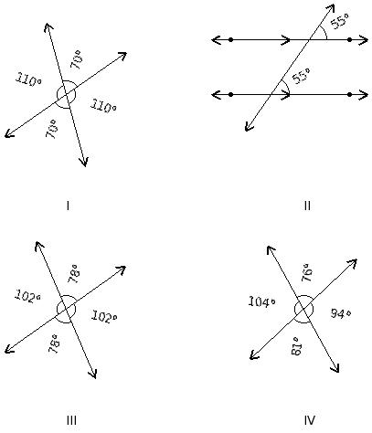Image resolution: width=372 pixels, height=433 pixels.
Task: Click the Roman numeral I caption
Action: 68,206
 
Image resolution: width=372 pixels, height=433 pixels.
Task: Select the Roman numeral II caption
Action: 307,206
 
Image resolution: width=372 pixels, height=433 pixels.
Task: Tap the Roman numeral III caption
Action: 71,420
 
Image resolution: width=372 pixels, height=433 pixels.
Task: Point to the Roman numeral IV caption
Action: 310,420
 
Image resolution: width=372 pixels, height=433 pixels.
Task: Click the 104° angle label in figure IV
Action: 262,301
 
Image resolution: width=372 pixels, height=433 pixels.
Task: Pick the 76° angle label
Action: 307,272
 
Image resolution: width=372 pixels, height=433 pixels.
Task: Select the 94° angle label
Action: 341,313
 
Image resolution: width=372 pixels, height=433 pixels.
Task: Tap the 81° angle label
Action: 296,346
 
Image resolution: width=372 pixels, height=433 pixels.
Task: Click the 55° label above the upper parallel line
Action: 340,21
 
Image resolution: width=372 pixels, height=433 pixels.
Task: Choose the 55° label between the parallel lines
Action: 301,76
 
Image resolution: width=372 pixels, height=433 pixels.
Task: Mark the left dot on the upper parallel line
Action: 230,40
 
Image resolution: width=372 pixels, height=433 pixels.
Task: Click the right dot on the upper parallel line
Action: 349,40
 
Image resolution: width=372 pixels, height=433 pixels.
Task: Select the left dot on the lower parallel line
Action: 230,94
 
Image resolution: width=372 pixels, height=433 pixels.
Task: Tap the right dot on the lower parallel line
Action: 349,94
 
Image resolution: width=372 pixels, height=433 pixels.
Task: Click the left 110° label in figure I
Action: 28,79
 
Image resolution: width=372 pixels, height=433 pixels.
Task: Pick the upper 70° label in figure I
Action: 76,59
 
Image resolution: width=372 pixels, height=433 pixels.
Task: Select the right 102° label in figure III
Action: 104,316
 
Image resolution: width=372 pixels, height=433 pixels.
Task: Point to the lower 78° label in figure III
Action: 53,343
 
